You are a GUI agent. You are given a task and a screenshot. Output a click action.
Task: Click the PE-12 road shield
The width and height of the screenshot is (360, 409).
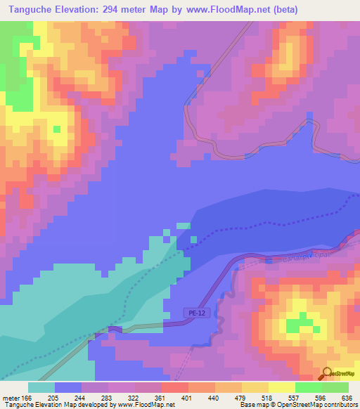[x=197, y=313]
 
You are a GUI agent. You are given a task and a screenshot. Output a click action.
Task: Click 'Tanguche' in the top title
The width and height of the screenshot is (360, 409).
[x=29, y=10]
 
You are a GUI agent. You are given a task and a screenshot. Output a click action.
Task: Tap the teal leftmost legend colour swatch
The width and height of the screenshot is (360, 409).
[x=41, y=387]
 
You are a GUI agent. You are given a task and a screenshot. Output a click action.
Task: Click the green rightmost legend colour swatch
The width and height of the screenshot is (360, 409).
[x=335, y=387]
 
